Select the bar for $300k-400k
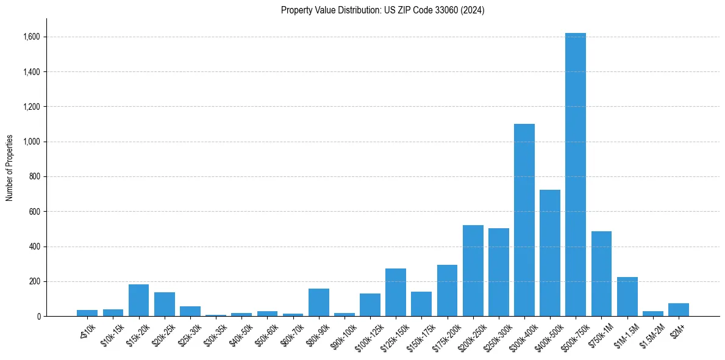[524, 220]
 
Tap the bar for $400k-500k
[550, 253]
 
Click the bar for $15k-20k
[138, 300]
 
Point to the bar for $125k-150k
[396, 292]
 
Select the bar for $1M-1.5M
[627, 297]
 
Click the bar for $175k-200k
[447, 290]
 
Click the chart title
[383, 10]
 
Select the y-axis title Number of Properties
[10, 167]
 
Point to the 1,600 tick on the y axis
[32, 37]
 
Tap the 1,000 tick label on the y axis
[32, 142]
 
